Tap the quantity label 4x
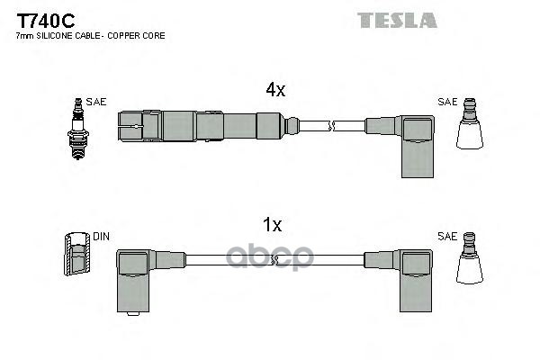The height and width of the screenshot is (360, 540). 275,89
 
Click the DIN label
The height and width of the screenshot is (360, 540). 102,237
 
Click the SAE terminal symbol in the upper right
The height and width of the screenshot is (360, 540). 468,128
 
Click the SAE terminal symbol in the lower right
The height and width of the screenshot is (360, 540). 468,262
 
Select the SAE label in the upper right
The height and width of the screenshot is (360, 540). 446,102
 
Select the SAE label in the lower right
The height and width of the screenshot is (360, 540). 446,237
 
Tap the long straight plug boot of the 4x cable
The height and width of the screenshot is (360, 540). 198,125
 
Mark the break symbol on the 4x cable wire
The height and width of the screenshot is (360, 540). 332,125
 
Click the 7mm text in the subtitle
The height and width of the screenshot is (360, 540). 23,35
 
